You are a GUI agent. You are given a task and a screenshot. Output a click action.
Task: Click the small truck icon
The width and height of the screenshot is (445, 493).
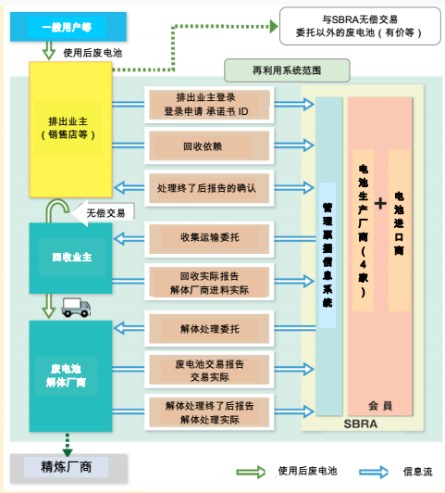76,308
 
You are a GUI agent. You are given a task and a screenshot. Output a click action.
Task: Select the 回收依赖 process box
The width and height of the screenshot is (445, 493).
207,145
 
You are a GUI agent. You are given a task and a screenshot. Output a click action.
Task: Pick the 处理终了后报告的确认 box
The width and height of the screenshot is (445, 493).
207,188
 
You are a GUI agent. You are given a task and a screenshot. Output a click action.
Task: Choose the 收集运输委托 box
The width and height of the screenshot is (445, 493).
207,237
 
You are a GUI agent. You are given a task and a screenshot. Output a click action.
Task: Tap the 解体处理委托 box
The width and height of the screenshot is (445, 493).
207,328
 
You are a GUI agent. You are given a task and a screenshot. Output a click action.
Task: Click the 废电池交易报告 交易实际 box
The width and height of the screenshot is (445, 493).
207,369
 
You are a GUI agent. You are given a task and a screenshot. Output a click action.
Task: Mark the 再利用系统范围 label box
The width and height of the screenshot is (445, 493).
287,70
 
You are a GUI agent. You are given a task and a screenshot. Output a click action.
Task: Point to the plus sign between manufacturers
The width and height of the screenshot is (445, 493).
379,204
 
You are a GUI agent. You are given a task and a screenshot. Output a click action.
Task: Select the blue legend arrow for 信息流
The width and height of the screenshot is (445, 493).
374,471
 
